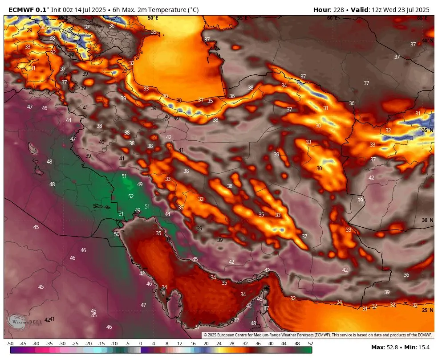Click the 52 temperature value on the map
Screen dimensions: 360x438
pos(131,196)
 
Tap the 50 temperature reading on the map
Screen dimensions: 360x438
pos(117,234)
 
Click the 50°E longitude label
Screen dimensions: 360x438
pos(153,18)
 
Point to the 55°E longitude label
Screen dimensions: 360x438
pos(242,18)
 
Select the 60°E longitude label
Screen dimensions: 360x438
pos(332,18)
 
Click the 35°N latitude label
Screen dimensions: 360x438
pos(427,131)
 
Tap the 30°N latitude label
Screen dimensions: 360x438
pos(427,220)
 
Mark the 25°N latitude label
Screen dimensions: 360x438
pos(427,310)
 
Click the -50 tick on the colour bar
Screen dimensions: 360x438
pos(10,344)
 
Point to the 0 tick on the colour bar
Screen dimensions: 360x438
pos(141,344)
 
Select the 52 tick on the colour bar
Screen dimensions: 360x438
pos(310,344)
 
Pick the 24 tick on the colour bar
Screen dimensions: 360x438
pos(219,344)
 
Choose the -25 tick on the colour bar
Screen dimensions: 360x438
pos(75,344)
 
